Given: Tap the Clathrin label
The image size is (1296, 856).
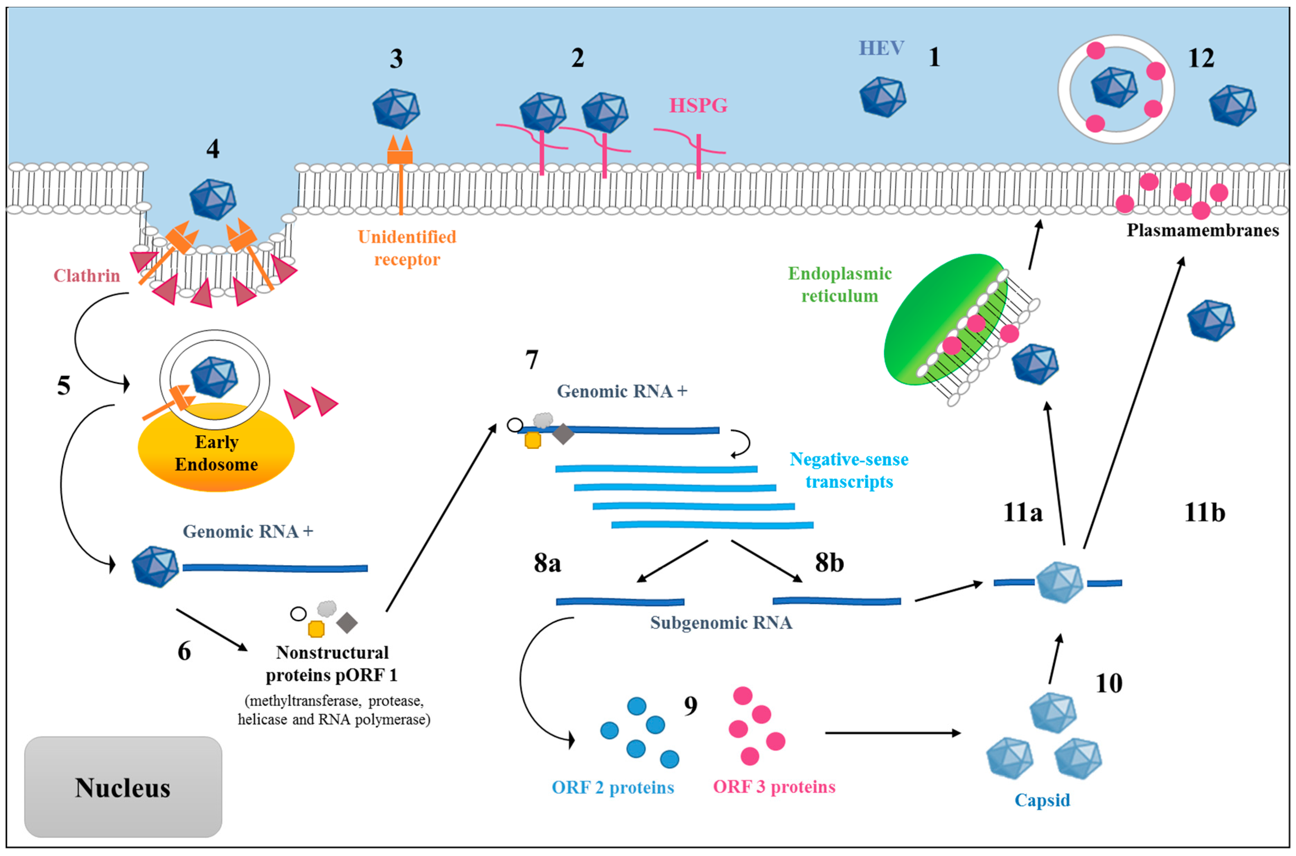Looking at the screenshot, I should pos(86,276).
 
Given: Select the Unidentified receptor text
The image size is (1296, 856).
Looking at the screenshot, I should pos(407,248).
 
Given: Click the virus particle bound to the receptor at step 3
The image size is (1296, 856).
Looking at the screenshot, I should pos(396,109).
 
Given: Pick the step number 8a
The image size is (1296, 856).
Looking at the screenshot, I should pos(547,563).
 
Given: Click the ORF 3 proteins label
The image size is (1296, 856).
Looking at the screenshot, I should pos(774,787).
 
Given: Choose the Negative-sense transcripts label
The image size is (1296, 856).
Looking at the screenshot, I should pos(849,471).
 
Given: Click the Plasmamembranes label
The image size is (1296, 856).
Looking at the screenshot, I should pos(1202,231).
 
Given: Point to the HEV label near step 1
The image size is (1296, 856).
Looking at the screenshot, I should pos(881,48).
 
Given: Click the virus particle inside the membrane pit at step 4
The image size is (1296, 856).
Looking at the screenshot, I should pos(213,200).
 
